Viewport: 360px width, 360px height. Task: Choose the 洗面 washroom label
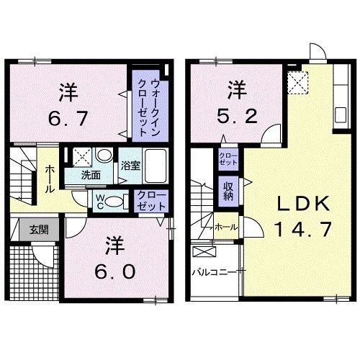pyautogui.click(x=90, y=175)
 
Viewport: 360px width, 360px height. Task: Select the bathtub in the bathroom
pyautogui.click(x=154, y=161)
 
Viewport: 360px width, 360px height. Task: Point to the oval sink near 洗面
pyautogui.click(x=104, y=156)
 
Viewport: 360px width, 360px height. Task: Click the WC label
pyautogui.click(x=100, y=199)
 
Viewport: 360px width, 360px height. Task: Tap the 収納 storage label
pyautogui.click(x=228, y=190)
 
